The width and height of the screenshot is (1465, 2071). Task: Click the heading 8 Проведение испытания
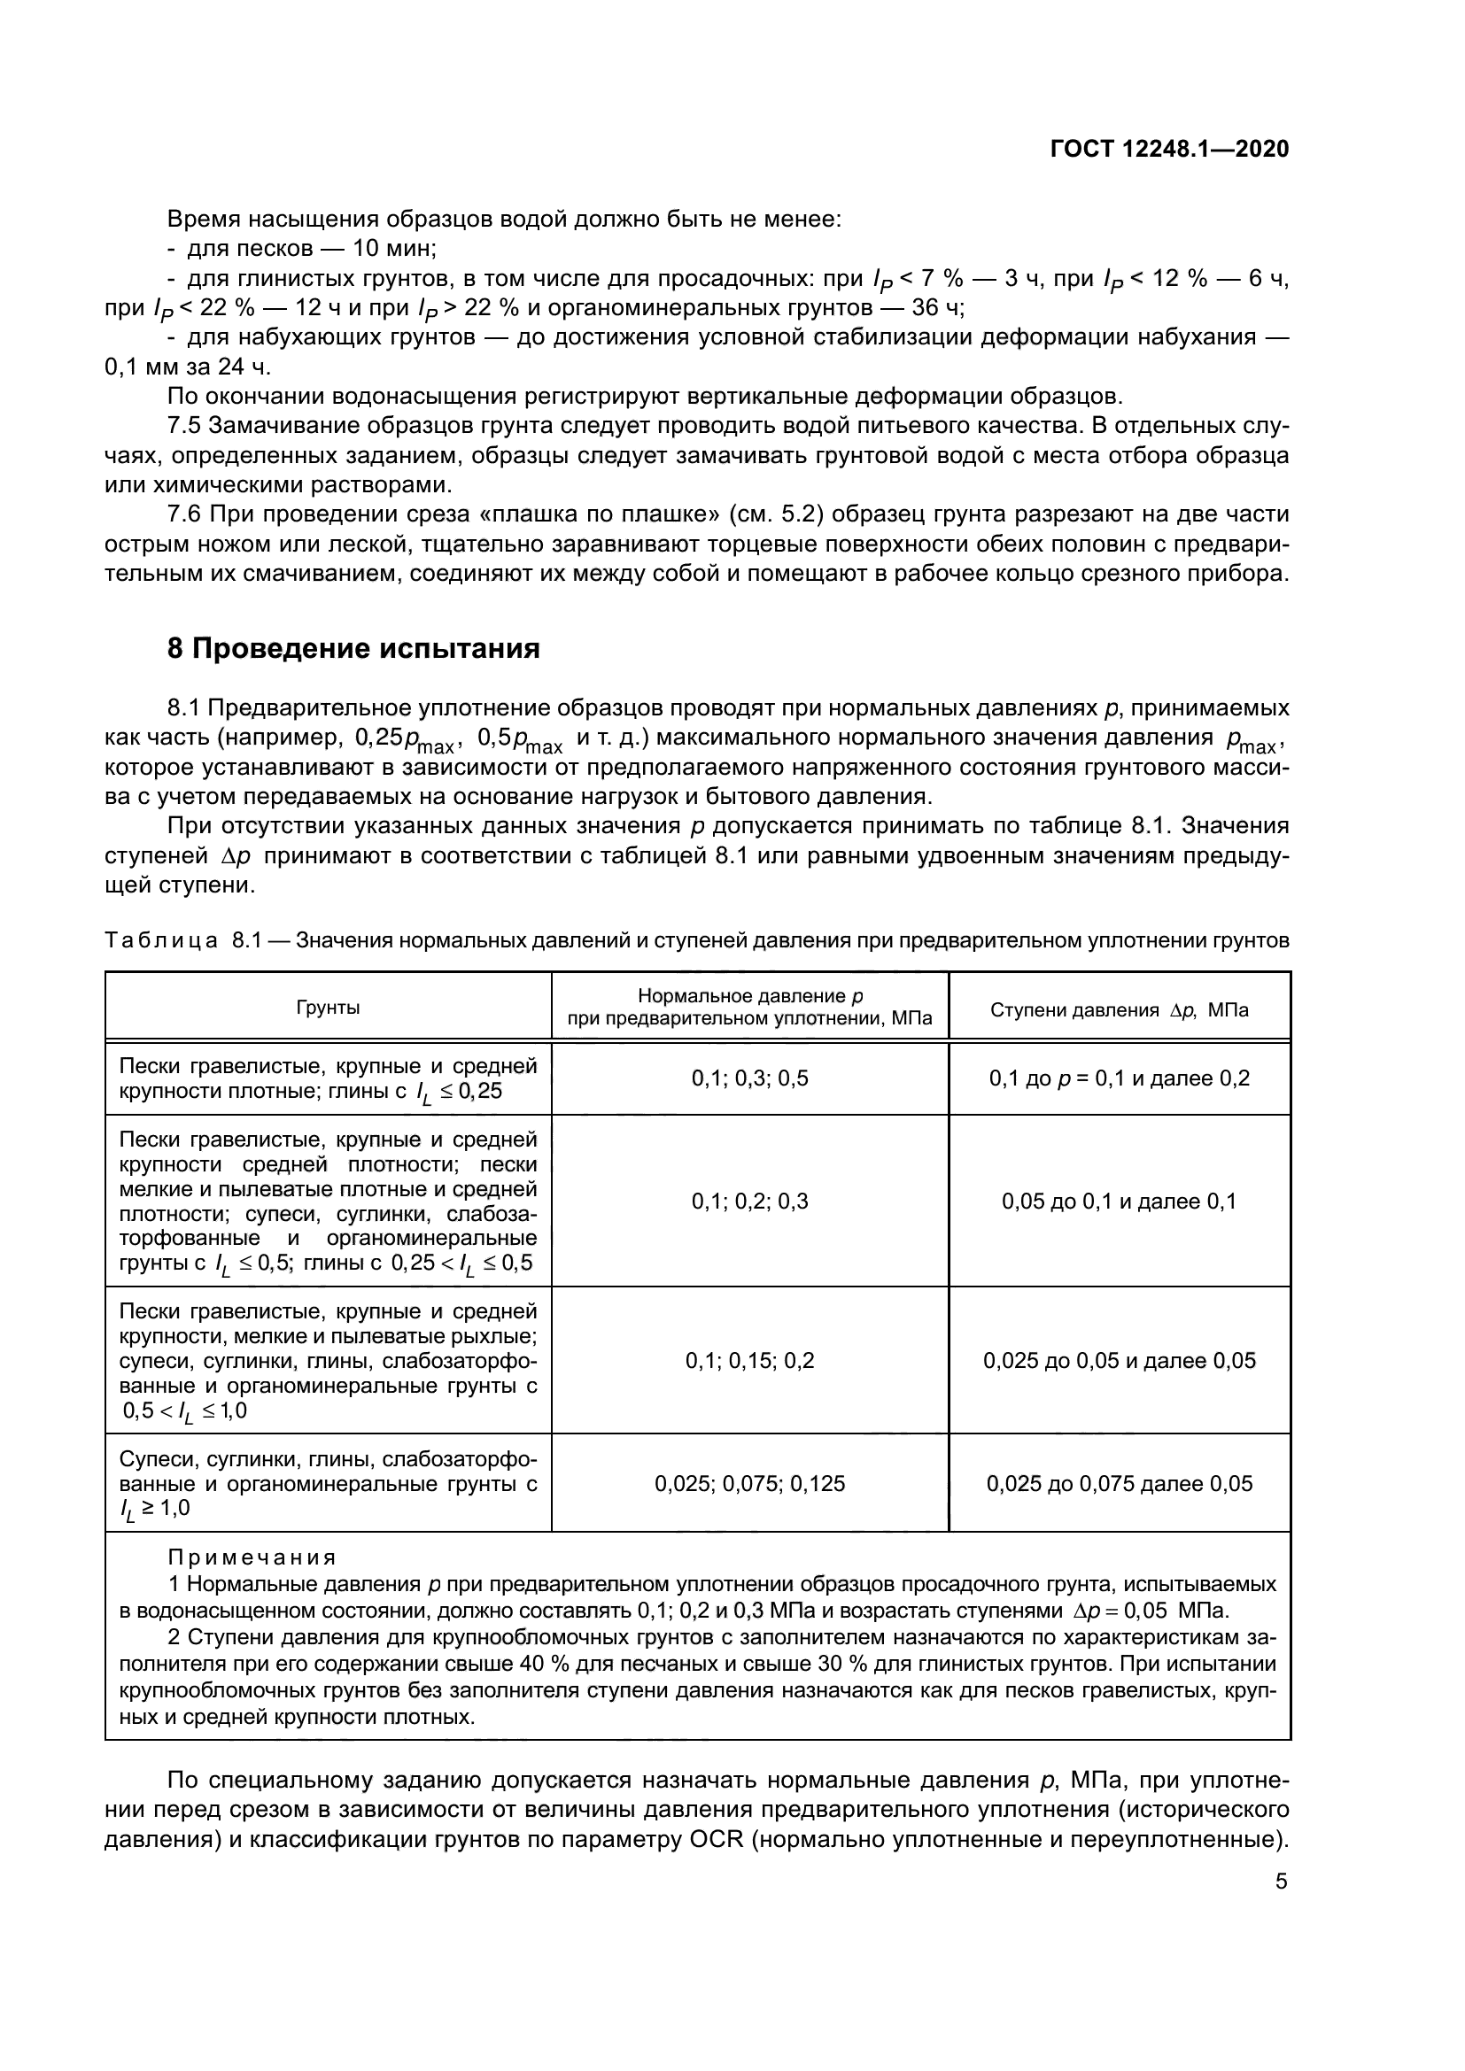pyautogui.click(x=353, y=648)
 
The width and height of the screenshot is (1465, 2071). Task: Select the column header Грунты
pyautogui.click(x=329, y=1008)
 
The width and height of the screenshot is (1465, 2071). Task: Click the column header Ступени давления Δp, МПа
pyautogui.click(x=1119, y=1010)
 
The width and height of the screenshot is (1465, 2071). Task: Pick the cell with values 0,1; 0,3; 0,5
pyautogui.click(x=749, y=1078)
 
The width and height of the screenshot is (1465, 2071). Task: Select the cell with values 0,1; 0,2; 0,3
pyautogui.click(x=749, y=1201)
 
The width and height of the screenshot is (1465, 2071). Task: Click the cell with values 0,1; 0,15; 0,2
pyautogui.click(x=749, y=1360)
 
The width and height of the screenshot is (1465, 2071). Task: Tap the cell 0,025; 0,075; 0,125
pyautogui.click(x=749, y=1484)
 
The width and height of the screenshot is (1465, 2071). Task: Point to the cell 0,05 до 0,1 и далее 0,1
pyautogui.click(x=1119, y=1201)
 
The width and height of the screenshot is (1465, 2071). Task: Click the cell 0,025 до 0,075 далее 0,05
pyautogui.click(x=1119, y=1484)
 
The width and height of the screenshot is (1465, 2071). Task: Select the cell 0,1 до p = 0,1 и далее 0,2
pyautogui.click(x=1119, y=1078)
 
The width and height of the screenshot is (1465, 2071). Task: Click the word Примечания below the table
pyautogui.click(x=252, y=1557)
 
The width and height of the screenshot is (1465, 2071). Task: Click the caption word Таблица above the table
pyautogui.click(x=160, y=941)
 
